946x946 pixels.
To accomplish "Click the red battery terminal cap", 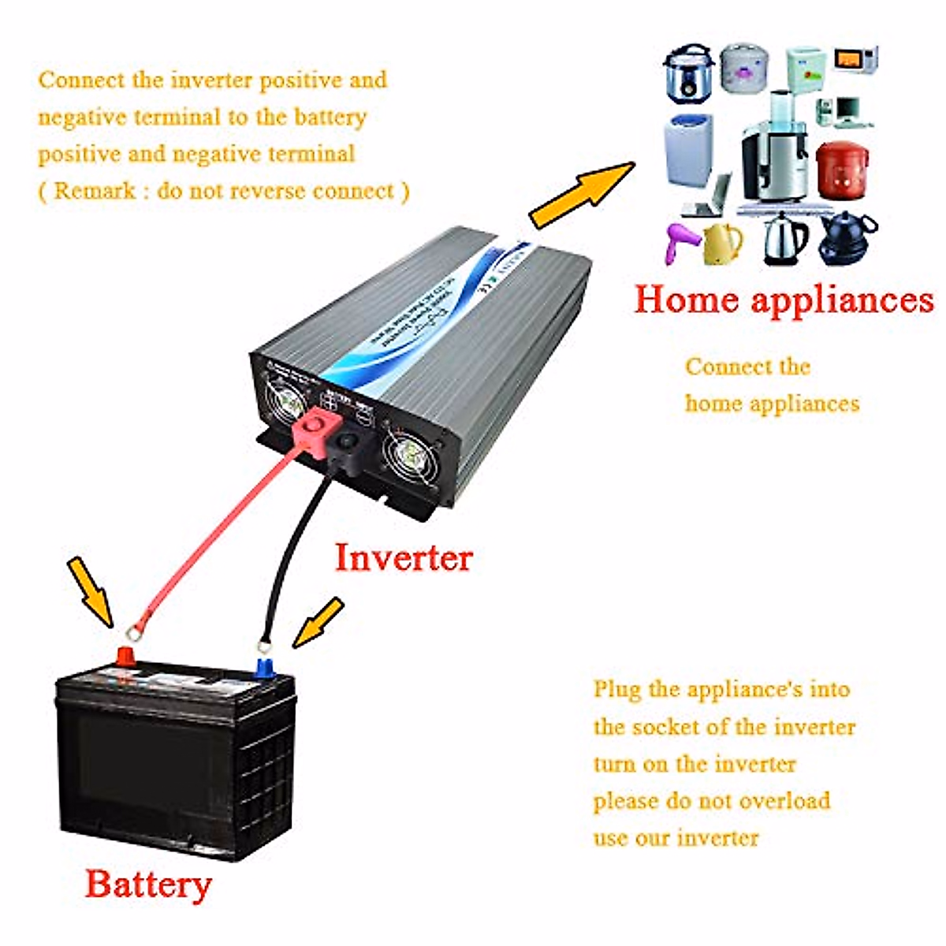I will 125,656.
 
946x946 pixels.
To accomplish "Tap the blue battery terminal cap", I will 264,667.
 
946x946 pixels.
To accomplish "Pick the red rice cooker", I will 842,169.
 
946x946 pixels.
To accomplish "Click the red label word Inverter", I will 403,557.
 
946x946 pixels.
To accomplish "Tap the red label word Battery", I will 148,884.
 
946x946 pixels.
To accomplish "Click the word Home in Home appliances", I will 686,300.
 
